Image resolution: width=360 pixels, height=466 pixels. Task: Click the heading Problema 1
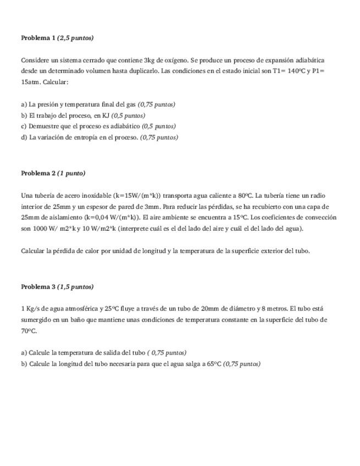pos(38,38)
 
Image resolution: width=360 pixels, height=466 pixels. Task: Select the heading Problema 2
pos(38,173)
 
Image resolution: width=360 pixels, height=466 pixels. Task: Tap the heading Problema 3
pos(38,286)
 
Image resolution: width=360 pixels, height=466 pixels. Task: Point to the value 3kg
pos(149,60)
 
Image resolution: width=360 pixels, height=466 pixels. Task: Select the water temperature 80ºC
pos(245,195)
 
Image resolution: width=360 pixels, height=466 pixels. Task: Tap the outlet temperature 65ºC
pos(214,364)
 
